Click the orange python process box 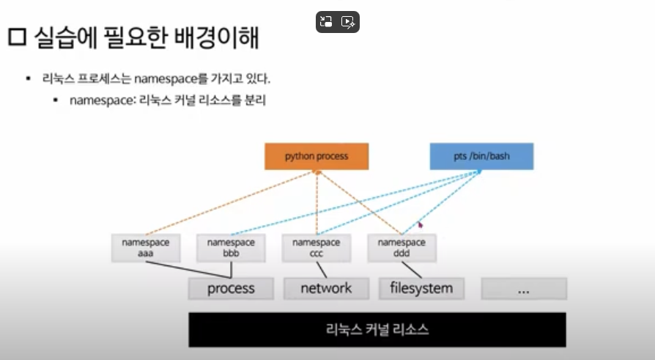pyautogui.click(x=317, y=156)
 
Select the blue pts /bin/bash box pyautogui.click(x=481, y=156)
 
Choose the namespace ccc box pyautogui.click(x=316, y=249)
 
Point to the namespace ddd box pyautogui.click(x=401, y=249)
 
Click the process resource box pyautogui.click(x=231, y=288)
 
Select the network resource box pyautogui.click(x=326, y=288)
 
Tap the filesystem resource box pyautogui.click(x=421, y=288)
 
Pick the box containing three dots pyautogui.click(x=522, y=289)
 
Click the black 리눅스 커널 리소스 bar pyautogui.click(x=377, y=329)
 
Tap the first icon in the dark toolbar pyautogui.click(x=327, y=22)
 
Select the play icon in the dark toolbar pyautogui.click(x=348, y=22)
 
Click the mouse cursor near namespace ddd pyautogui.click(x=420, y=225)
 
